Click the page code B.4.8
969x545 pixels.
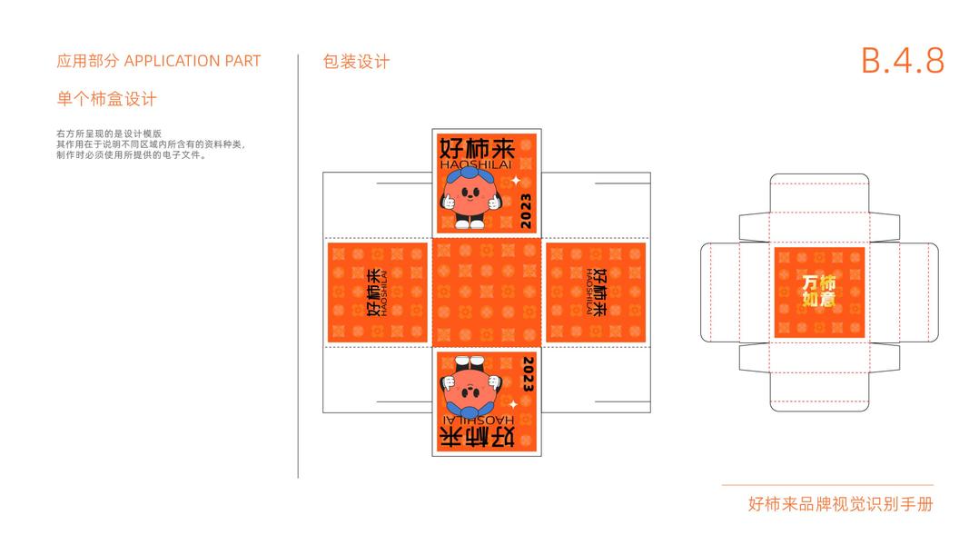coord(902,61)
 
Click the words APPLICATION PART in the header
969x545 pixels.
coord(192,61)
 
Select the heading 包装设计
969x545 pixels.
coord(356,62)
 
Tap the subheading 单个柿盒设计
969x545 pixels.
coord(106,98)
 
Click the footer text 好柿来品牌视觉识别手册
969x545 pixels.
coord(840,504)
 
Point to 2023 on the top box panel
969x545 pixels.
coord(528,208)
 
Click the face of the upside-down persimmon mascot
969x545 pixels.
coord(470,390)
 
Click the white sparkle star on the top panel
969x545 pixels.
coord(515,181)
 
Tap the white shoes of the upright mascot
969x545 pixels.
coord(470,223)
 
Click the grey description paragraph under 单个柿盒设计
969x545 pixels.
coord(150,144)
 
